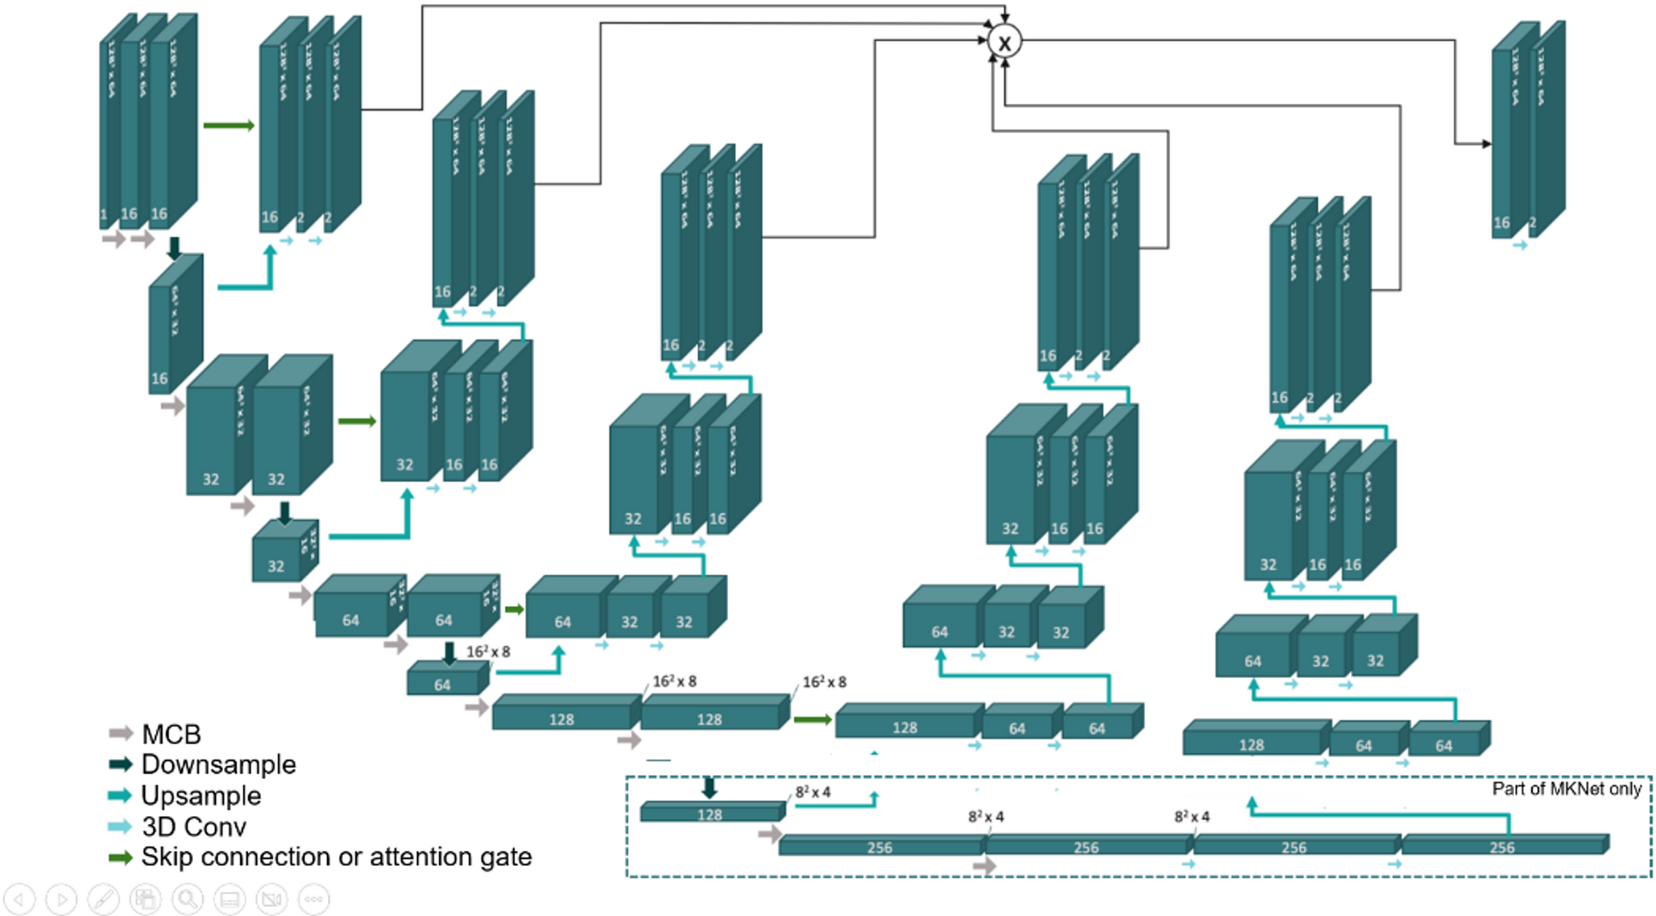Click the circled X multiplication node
(x=1004, y=41)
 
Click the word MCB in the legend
(x=171, y=734)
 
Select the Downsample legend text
(x=218, y=764)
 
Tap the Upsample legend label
(x=201, y=795)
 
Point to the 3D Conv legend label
(x=193, y=827)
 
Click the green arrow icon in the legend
(x=120, y=857)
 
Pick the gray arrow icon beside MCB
(x=120, y=733)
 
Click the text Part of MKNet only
(x=1566, y=789)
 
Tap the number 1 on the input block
(x=104, y=214)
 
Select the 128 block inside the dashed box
(x=710, y=814)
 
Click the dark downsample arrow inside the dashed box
(x=709, y=787)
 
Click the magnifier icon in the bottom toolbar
(x=188, y=898)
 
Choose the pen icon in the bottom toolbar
(x=103, y=898)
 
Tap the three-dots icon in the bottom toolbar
(x=313, y=898)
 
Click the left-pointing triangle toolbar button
(x=19, y=898)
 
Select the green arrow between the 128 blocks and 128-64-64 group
(x=812, y=719)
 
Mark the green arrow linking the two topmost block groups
(x=229, y=126)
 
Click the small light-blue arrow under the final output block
(x=1520, y=245)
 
